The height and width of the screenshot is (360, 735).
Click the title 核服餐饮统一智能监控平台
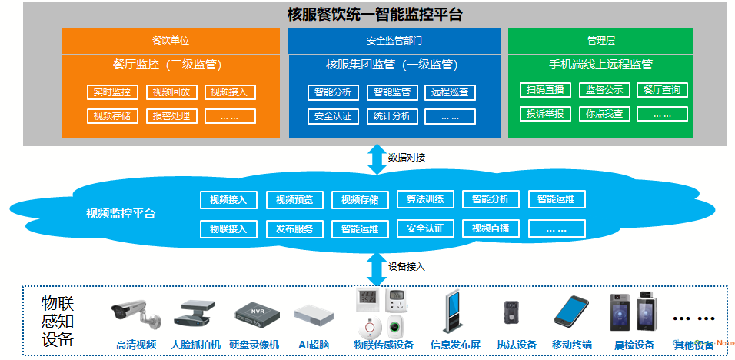pyautogui.click(x=374, y=14)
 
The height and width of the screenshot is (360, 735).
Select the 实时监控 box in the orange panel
pyautogui.click(x=112, y=92)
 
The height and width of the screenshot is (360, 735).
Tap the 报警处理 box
pyautogui.click(x=171, y=116)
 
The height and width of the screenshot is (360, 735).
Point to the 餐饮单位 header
pyautogui.click(x=171, y=40)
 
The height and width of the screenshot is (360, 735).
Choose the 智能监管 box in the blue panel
pyautogui.click(x=392, y=92)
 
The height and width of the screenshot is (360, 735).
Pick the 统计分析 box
pyautogui.click(x=392, y=116)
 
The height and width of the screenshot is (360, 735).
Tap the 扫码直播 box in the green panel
pyautogui.click(x=544, y=89)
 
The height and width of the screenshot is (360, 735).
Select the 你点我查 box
pyautogui.click(x=604, y=114)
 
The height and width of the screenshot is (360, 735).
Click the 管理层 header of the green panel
pyautogui.click(x=600, y=40)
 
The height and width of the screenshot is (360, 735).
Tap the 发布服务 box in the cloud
pyautogui.click(x=294, y=228)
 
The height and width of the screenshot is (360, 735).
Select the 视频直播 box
pyautogui.click(x=491, y=228)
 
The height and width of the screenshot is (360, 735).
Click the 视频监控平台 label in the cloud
pyautogui.click(x=121, y=213)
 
